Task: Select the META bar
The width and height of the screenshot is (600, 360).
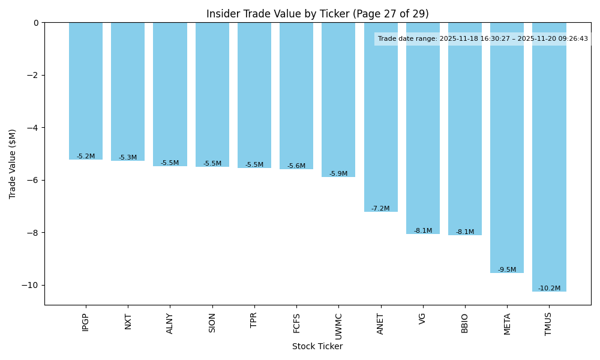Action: click(x=507, y=148)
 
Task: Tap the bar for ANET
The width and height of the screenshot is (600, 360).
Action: click(x=380, y=117)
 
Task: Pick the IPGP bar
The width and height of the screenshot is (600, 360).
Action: click(x=86, y=91)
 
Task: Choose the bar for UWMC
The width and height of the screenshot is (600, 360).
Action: click(x=338, y=100)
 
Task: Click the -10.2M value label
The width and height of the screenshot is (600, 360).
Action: click(x=549, y=289)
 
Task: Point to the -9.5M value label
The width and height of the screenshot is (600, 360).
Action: click(x=507, y=270)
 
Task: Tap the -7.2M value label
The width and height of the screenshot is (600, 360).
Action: click(x=380, y=209)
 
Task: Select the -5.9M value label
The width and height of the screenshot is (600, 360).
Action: click(x=338, y=174)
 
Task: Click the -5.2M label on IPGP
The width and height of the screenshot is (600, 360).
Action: click(x=86, y=157)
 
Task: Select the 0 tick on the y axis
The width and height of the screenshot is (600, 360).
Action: click(x=36, y=23)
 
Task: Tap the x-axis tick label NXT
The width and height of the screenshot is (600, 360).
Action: click(x=128, y=322)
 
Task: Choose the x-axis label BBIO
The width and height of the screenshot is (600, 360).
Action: click(x=465, y=323)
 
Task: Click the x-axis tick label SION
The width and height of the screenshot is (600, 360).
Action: click(x=212, y=322)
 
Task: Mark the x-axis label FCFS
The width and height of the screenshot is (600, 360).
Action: click(x=296, y=323)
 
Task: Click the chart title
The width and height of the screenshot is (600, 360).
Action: click(x=317, y=14)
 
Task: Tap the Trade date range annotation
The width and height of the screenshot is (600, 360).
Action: click(x=483, y=39)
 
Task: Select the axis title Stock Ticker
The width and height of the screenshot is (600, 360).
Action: click(x=317, y=347)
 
